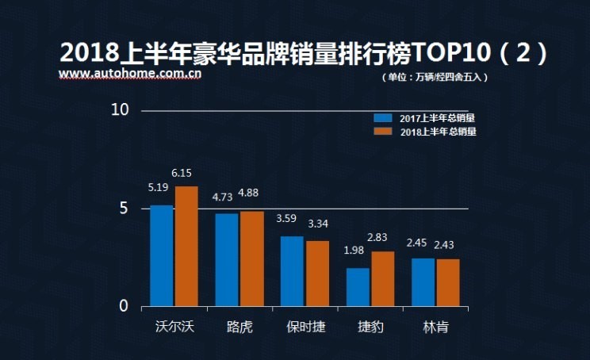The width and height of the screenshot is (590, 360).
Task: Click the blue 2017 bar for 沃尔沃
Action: click(162, 255)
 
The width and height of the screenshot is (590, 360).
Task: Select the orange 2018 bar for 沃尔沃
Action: click(186, 246)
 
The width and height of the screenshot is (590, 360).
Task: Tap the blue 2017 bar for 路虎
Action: click(227, 259)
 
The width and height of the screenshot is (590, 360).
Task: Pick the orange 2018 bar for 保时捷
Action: click(317, 274)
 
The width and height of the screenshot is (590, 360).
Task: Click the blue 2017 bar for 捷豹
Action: click(358, 287)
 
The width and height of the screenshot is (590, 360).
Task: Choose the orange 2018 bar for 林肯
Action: click(447, 282)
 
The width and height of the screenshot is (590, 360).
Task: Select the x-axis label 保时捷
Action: click(305, 327)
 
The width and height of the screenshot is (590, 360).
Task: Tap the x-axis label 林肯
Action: click(435, 327)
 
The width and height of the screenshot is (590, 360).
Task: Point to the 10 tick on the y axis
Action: click(120, 110)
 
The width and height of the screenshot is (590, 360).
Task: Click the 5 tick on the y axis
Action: click(124, 209)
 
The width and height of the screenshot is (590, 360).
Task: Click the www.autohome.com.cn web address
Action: click(129, 75)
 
